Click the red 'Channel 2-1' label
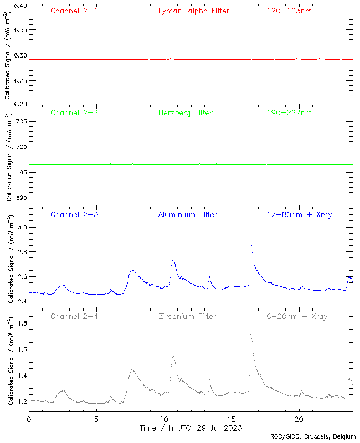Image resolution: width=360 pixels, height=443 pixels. coord(74,11)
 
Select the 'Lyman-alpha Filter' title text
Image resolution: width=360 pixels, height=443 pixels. coord(193,11)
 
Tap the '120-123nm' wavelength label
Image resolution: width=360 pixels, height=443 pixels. coord(289,11)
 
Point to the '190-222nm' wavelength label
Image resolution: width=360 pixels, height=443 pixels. coord(289,112)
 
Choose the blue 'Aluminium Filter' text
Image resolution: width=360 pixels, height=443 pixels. coord(187,214)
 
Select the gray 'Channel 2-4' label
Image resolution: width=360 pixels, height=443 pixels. coord(74,316)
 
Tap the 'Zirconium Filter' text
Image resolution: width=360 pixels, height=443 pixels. coord(187,316)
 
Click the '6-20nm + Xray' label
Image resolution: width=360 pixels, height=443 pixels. coord(296,316)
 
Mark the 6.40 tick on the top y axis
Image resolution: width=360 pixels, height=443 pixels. coord(18,6)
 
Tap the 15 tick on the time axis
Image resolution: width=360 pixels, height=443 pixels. coord(231,419)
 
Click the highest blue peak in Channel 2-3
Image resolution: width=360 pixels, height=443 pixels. coord(251,243)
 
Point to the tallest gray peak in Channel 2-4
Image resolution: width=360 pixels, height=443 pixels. coord(251,333)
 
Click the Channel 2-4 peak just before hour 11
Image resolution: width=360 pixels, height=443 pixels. coord(173,356)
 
